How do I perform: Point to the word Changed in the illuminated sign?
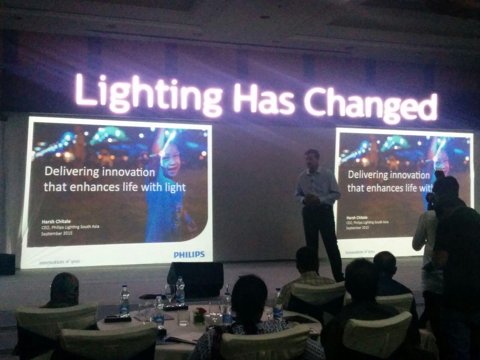(370, 104)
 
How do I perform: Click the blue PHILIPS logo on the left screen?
(189, 254)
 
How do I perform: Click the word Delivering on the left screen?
(66, 172)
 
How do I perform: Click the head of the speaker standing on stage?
(312, 158)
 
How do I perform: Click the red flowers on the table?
(200, 312)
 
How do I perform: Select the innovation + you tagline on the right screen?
(360, 252)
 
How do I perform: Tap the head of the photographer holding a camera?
(445, 188)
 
